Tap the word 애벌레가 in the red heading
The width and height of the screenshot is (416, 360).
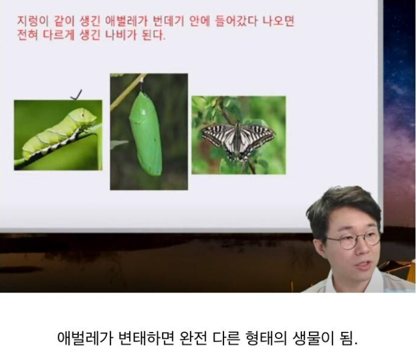pos(126,21)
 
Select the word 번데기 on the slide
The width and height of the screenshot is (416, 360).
pos(169,21)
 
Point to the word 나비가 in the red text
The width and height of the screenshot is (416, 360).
pos(121,35)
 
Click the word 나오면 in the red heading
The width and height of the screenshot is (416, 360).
pos(279,21)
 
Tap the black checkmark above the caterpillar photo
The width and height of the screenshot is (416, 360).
pos(77,95)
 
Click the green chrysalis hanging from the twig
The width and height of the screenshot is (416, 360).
pos(146,134)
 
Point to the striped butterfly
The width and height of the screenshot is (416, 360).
pos(238,140)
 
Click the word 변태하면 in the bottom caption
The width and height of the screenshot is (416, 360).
pos(145,337)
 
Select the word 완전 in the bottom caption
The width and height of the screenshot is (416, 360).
pos(193,337)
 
